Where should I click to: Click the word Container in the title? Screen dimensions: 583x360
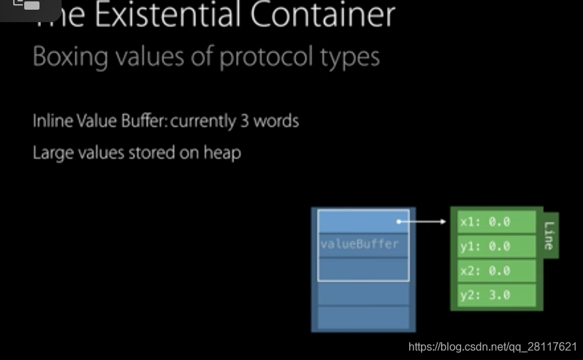click(x=323, y=15)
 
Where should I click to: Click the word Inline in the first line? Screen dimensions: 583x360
click(x=51, y=121)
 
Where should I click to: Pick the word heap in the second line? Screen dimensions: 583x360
click(x=222, y=152)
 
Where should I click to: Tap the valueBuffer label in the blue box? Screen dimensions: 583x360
click(x=359, y=244)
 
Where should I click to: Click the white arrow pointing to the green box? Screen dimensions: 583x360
click(x=423, y=222)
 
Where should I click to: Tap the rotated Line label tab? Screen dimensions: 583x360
click(x=550, y=235)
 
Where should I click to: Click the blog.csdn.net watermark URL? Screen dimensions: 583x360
click(x=492, y=347)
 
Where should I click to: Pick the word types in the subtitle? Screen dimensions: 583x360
click(x=350, y=57)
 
